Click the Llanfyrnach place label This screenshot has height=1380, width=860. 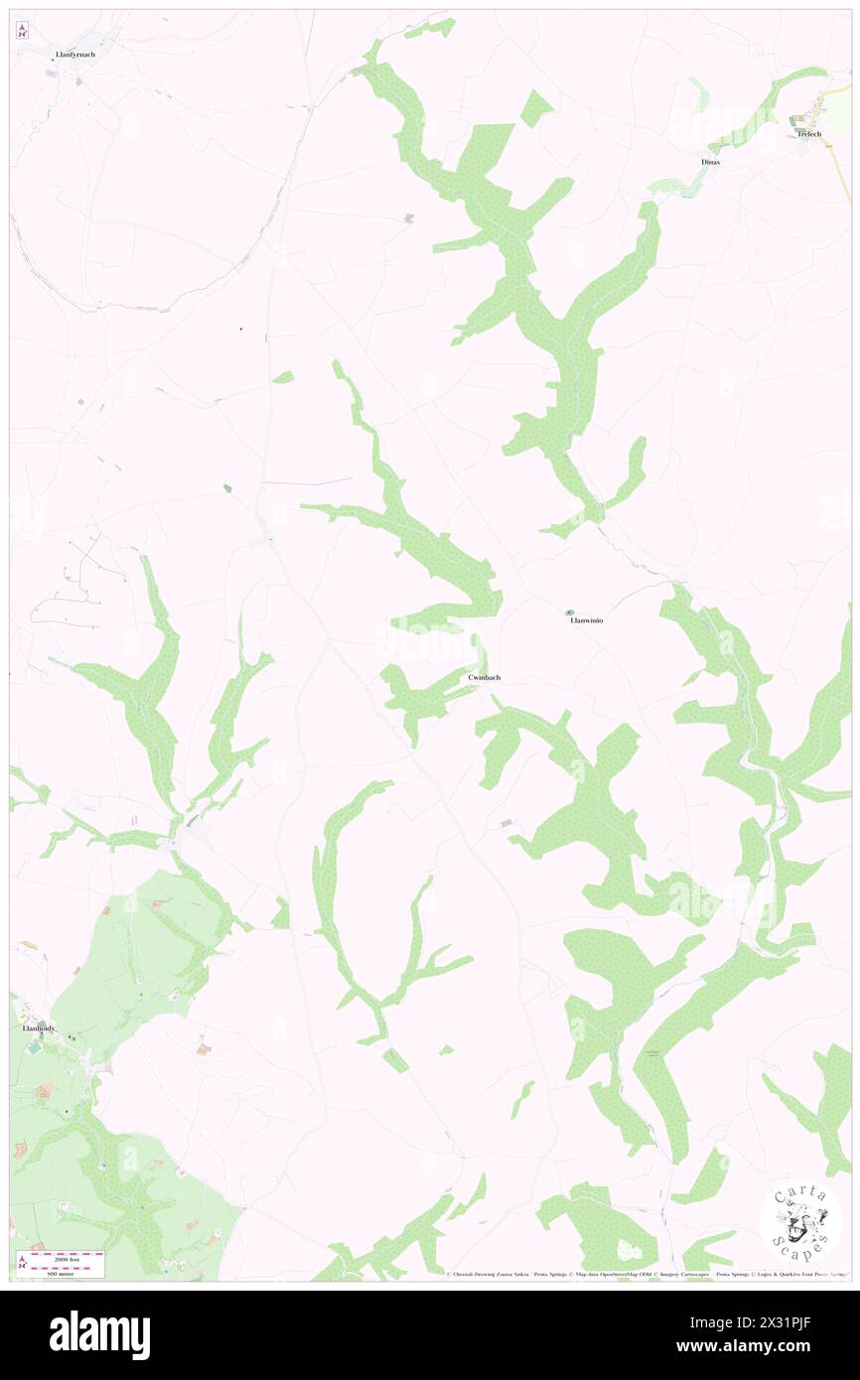click(76, 54)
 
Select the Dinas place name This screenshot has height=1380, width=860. click(710, 161)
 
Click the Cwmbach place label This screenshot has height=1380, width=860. click(484, 677)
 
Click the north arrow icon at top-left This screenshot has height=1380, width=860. click(22, 31)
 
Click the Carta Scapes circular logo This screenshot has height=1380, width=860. click(800, 1221)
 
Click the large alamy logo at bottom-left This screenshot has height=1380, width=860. click(99, 1334)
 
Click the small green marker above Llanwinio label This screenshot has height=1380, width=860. click(570, 613)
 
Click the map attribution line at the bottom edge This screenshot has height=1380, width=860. click(645, 1274)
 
